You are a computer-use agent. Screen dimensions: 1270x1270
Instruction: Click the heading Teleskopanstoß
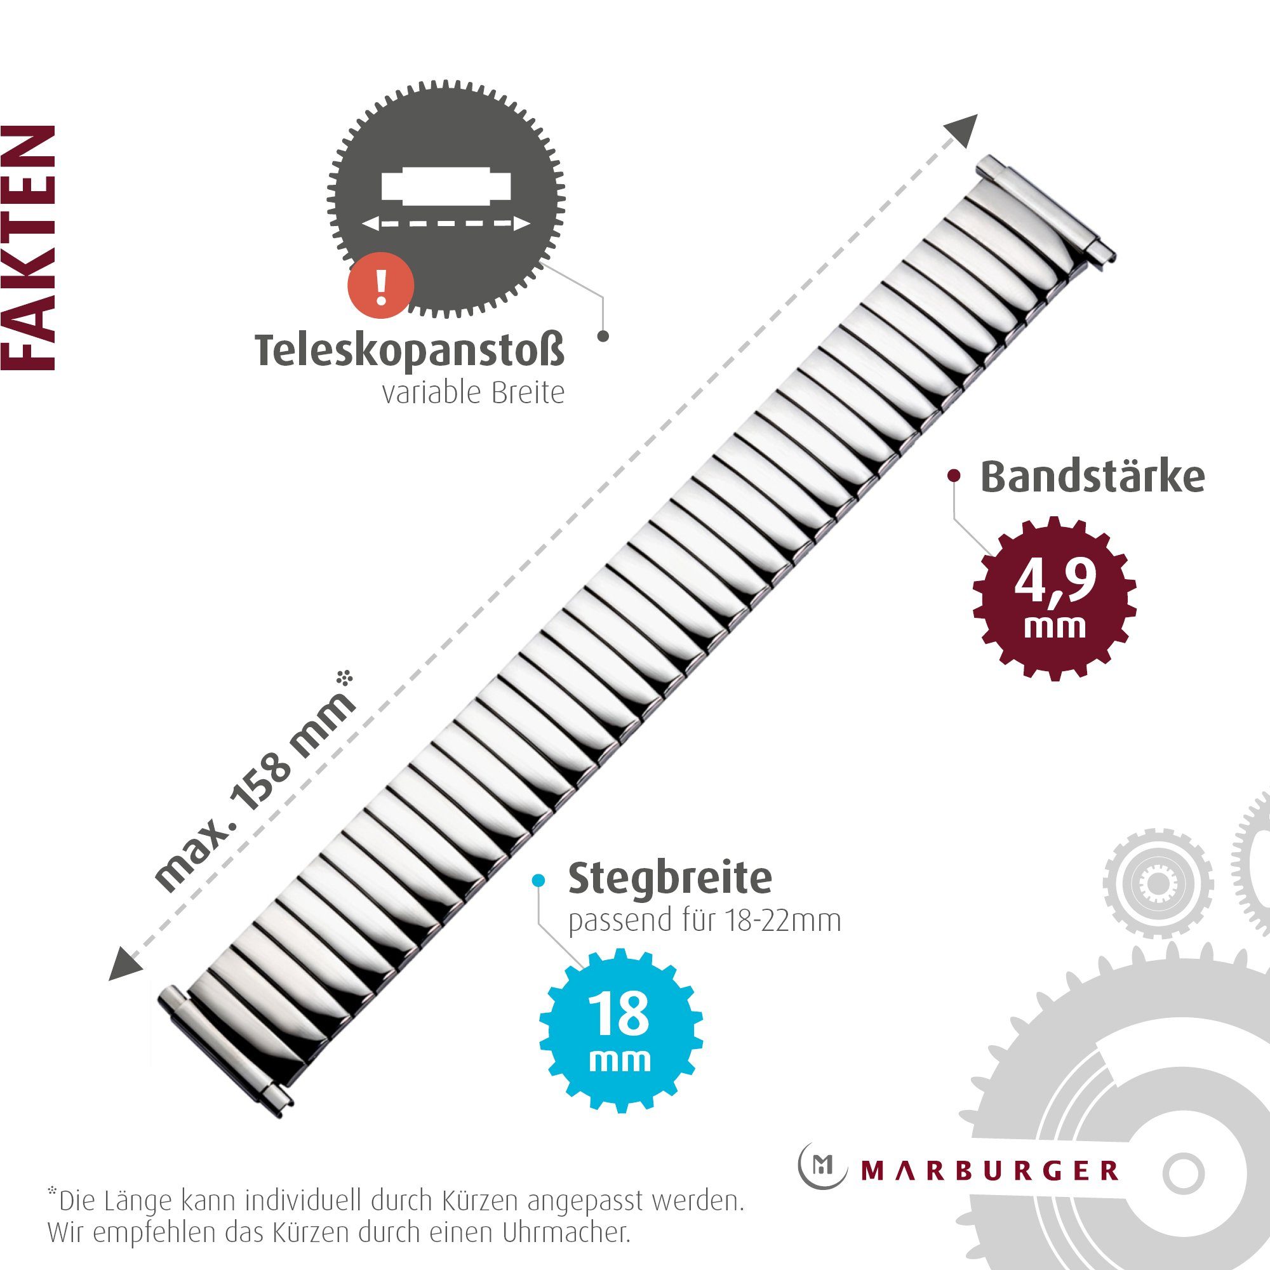coord(409,351)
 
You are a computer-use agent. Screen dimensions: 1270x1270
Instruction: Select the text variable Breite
coord(473,394)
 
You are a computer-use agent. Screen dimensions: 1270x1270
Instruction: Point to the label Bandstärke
coord(1092,478)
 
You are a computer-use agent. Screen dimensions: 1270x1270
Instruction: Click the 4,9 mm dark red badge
coord(1055,598)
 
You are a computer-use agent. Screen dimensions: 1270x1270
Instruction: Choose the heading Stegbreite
coord(670,878)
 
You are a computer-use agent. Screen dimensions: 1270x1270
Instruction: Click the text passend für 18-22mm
coord(705,921)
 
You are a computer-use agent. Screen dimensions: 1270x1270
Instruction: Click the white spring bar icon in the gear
coord(446,185)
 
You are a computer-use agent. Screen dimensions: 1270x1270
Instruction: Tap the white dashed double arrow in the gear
coord(446,224)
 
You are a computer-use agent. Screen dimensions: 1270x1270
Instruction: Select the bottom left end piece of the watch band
coord(223,1052)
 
